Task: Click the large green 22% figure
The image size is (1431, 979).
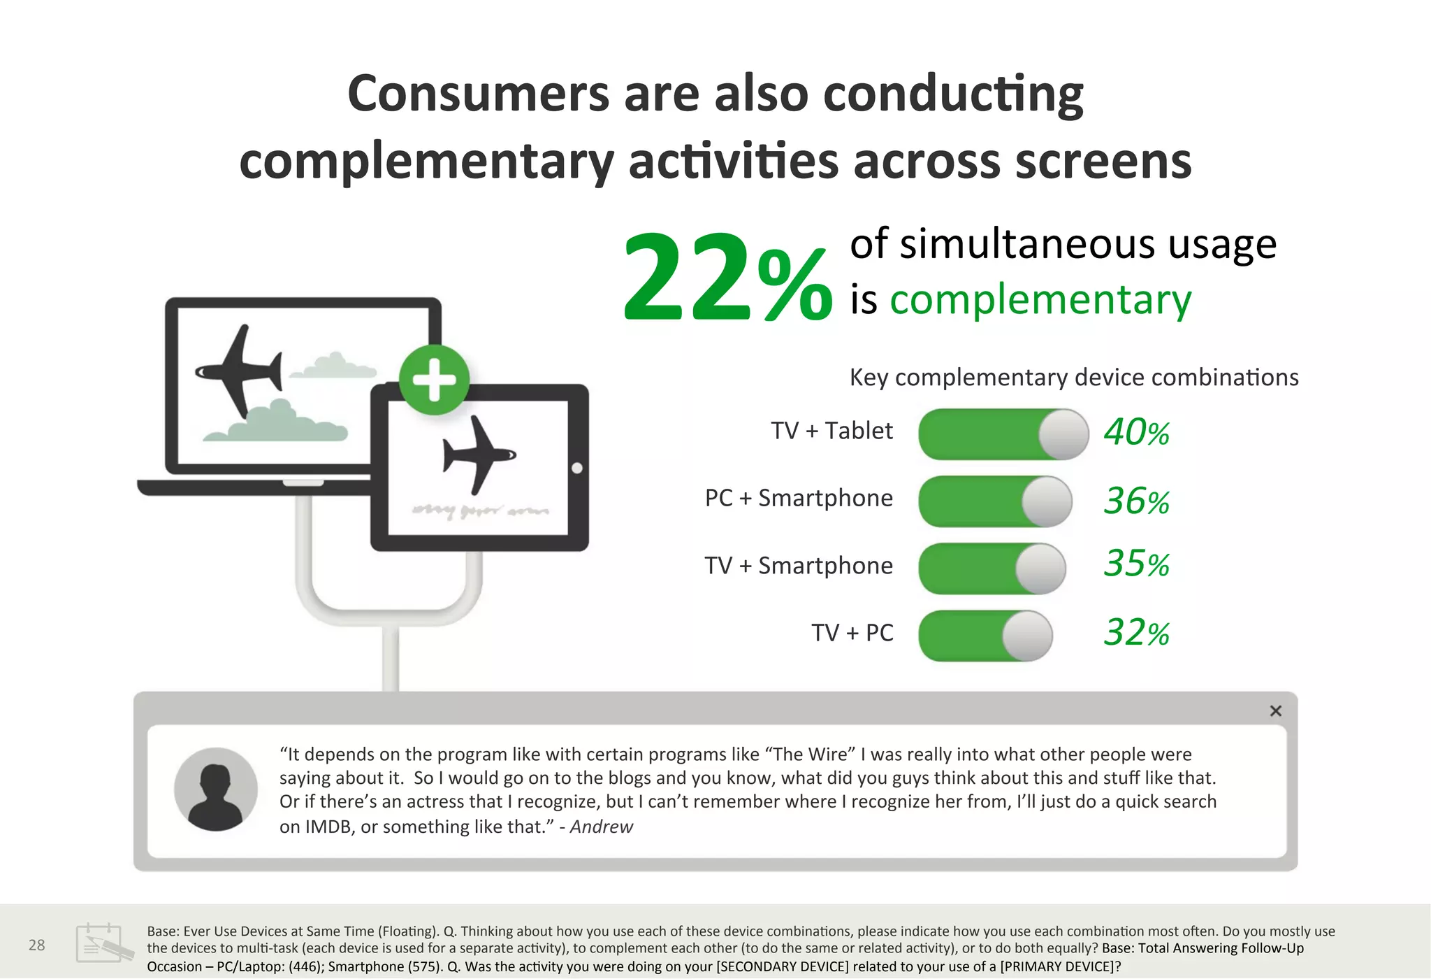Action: pos(727,278)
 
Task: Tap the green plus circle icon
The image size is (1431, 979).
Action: pos(434,380)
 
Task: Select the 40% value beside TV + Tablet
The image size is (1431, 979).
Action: pos(1137,432)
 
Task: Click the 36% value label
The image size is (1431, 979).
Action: pos(1137,501)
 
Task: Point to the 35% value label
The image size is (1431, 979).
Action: pos(1137,564)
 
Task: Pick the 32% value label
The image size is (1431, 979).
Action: pos(1137,632)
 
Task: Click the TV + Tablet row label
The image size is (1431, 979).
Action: pos(831,431)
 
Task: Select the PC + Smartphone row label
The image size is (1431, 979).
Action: pos(799,498)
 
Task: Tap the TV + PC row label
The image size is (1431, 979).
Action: pos(852,633)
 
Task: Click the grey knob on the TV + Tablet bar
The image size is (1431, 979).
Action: pos(1063,434)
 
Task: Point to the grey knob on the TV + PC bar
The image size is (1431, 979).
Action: pos(1027,636)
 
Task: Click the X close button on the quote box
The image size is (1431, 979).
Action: pos(1276,711)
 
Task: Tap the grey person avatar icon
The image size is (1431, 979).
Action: pos(216,789)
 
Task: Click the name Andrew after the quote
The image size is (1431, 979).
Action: pos(602,827)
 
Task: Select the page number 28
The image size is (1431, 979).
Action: pos(36,945)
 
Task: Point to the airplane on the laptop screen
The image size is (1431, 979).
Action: pos(238,371)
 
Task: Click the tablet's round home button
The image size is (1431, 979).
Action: pos(577,468)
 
